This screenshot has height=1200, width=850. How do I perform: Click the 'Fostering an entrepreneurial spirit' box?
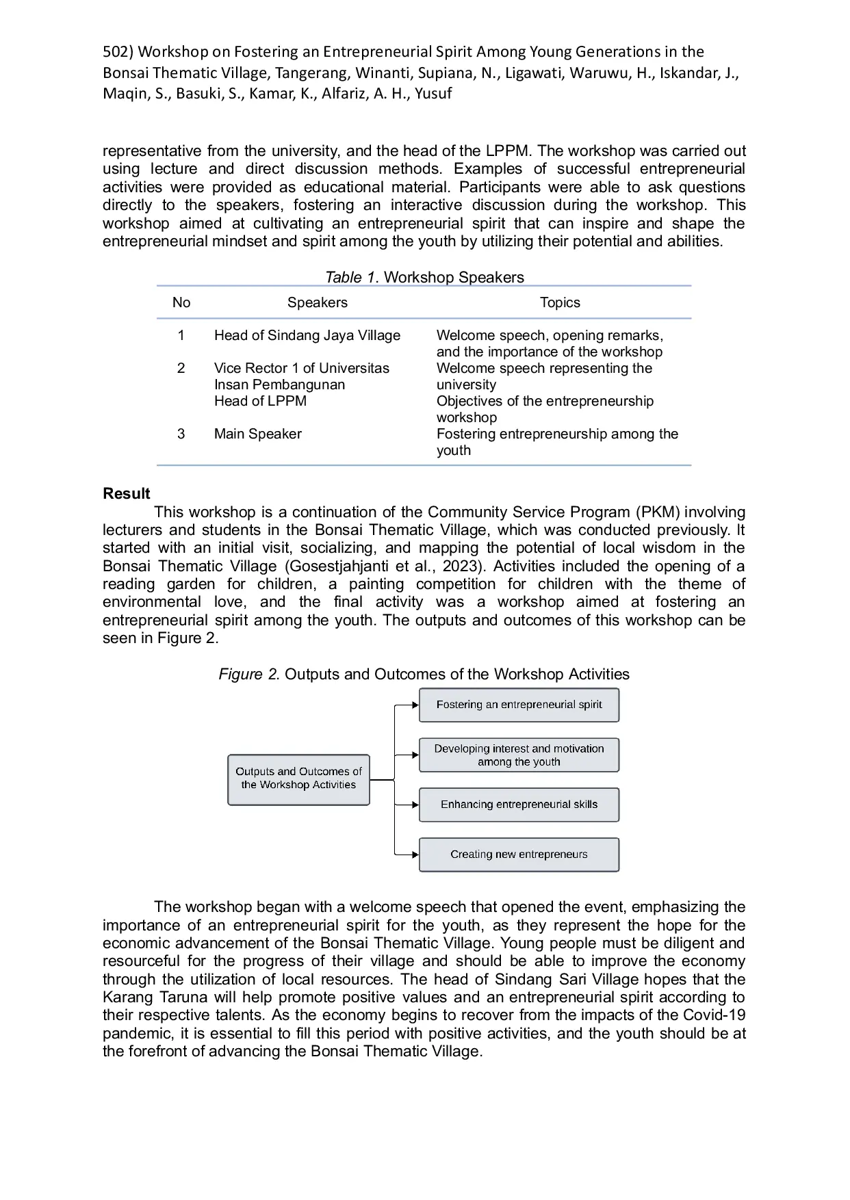click(x=519, y=705)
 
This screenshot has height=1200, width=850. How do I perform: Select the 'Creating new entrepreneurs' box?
click(x=519, y=855)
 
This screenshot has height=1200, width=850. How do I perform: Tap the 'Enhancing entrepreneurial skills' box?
click(x=519, y=805)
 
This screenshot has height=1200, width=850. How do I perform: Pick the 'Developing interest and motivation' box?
click(x=519, y=755)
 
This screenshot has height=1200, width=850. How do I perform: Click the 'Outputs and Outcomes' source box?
click(x=298, y=779)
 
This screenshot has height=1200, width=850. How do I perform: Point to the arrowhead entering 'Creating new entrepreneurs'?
click(x=415, y=855)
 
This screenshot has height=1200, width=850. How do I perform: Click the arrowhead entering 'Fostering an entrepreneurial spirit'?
click(x=415, y=705)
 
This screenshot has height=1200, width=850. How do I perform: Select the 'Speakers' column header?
click(x=317, y=302)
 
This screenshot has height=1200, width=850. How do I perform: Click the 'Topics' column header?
click(x=560, y=302)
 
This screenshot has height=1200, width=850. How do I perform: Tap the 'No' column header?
click(x=181, y=302)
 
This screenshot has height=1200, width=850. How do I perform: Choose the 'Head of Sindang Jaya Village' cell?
click(x=307, y=335)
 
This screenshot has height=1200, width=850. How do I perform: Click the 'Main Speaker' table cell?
click(x=257, y=434)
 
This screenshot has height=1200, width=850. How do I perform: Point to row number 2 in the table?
click(x=181, y=368)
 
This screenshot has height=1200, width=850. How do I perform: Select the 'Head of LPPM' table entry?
click(x=260, y=401)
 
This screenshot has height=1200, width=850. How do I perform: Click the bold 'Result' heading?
click(x=127, y=494)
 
